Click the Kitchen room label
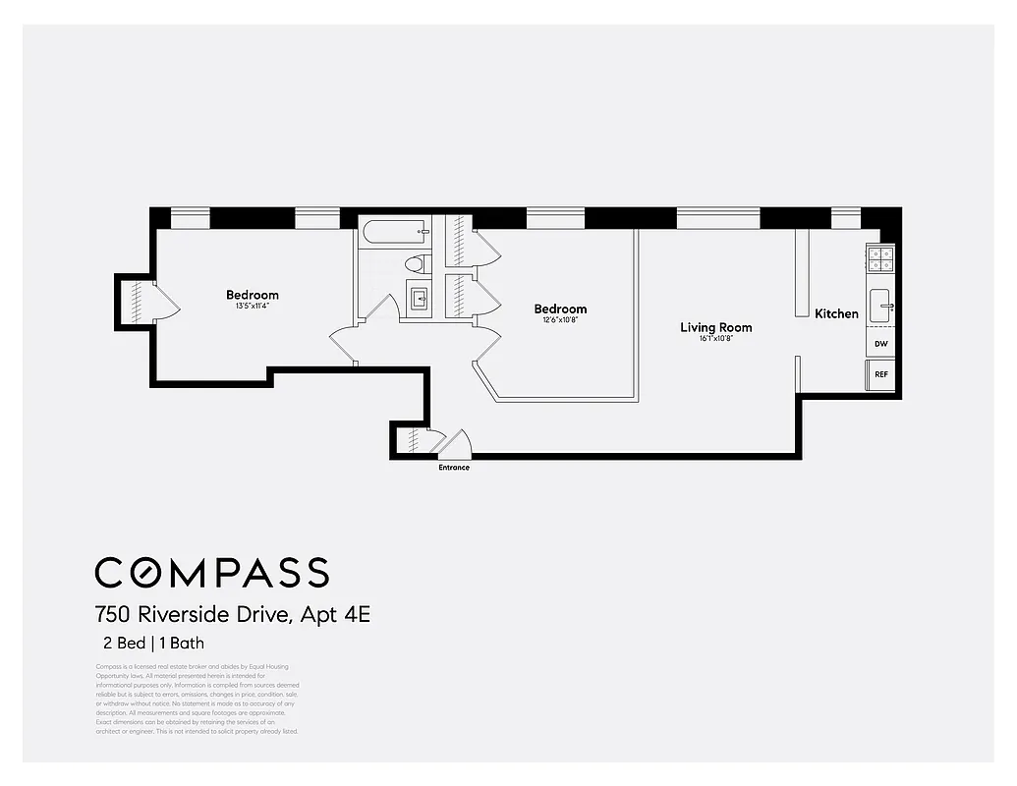click(836, 314)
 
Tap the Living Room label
click(715, 327)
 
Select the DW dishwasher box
click(880, 345)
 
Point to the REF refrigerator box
click(880, 374)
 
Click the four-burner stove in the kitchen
click(880, 258)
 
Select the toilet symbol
click(417, 263)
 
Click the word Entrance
click(454, 468)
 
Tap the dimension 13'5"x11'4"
click(252, 306)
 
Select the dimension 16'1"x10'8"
click(715, 339)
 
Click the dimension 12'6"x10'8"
click(560, 320)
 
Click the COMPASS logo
click(211, 572)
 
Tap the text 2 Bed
click(121, 645)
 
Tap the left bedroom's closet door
click(165, 300)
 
